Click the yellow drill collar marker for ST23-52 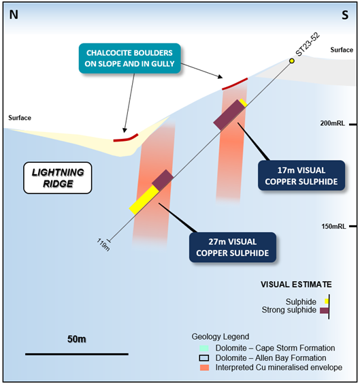tap(291, 61)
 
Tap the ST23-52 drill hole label tap(308, 44)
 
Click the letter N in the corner tap(14, 15)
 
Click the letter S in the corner tap(345, 15)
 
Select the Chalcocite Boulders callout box tap(130, 59)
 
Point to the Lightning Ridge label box tap(58, 178)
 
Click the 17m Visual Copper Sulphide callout tap(301, 176)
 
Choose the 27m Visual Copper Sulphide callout tap(233, 247)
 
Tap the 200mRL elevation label tap(333, 123)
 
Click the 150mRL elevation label tap(333, 226)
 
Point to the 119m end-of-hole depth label tap(103, 244)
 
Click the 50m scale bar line tap(77, 354)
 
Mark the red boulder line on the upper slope tap(235, 84)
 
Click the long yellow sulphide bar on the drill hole tap(144, 200)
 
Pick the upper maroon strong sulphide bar tap(229, 115)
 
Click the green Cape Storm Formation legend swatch tap(204, 348)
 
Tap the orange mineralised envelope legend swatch tap(204, 368)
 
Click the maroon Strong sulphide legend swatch tap(324, 310)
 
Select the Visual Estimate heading tap(296, 285)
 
